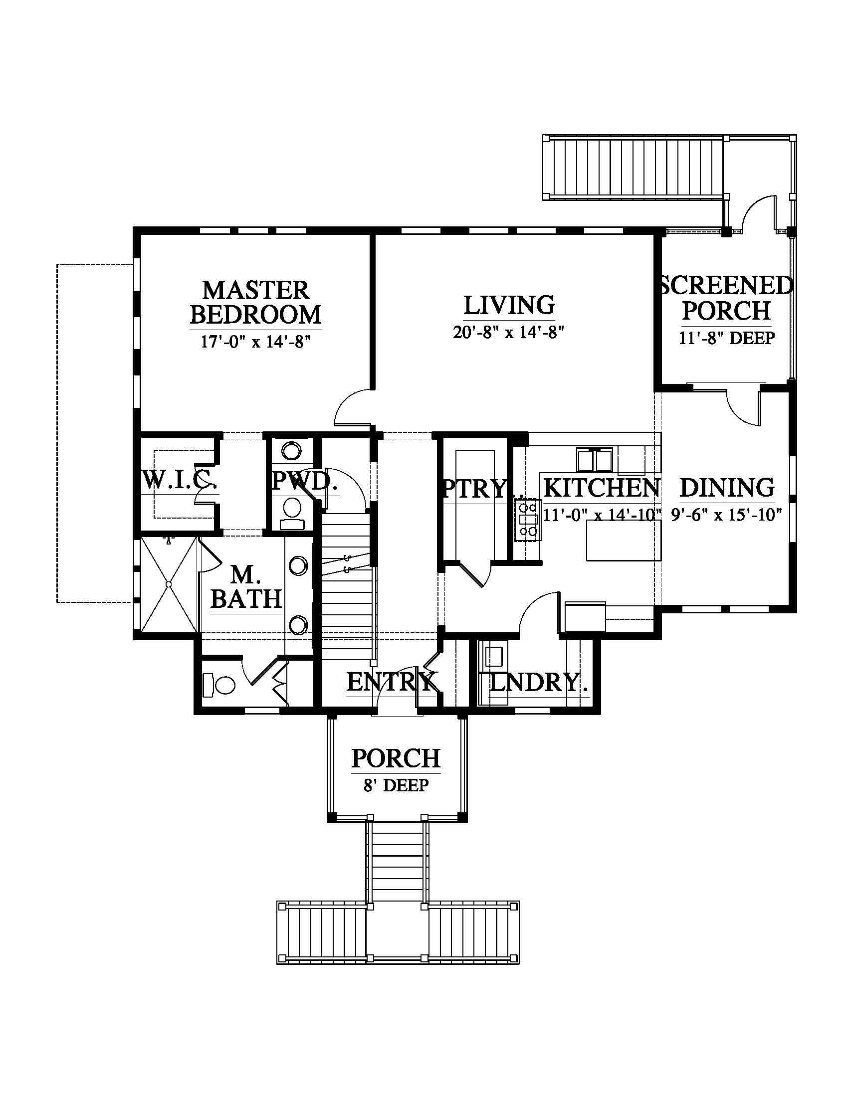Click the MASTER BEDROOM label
pos(255,303)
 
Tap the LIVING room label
pos(509,305)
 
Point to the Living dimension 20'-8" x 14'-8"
pos(509,332)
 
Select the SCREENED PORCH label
pos(726,298)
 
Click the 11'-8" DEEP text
pos(726,338)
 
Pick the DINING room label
pos(727,488)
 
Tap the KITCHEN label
pos(602,488)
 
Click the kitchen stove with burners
pos(527,520)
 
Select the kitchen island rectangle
pos(624,541)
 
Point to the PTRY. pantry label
pos(475,488)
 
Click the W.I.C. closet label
pos(180,480)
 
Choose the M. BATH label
pos(245,587)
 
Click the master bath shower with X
pos(169,585)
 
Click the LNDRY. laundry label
pos(538,682)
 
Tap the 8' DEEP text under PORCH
pos(396,785)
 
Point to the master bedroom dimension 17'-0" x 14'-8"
pos(256,342)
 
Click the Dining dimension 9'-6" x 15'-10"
pos(727,515)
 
